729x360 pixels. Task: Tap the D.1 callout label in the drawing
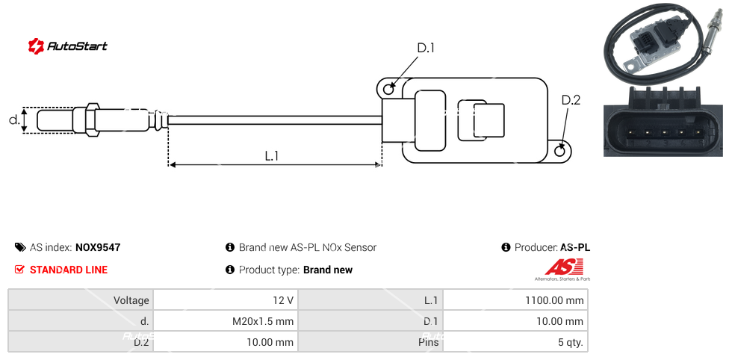pyautogui.click(x=425, y=49)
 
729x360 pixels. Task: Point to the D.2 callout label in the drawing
pyautogui.click(x=571, y=100)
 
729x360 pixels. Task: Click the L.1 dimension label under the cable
pyautogui.click(x=272, y=155)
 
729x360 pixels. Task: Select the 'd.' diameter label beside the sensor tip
pyautogui.click(x=13, y=120)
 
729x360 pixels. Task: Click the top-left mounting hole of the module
pyautogui.click(x=388, y=90)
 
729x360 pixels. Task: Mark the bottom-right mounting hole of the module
pyautogui.click(x=561, y=152)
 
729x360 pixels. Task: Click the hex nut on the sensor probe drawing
pyautogui.click(x=93, y=120)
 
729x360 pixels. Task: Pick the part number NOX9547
pyautogui.click(x=98, y=247)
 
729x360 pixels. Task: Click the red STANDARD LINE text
pyautogui.click(x=69, y=270)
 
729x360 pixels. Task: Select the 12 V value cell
pyautogui.click(x=225, y=300)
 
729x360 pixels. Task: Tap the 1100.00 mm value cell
pyautogui.click(x=515, y=300)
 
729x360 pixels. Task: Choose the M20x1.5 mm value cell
pyautogui.click(x=225, y=322)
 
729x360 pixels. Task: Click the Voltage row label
pyautogui.click(x=81, y=300)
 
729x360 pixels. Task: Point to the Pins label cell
pyautogui.click(x=370, y=343)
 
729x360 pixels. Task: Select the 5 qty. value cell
pyautogui.click(x=515, y=343)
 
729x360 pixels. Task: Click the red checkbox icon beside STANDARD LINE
pyautogui.click(x=20, y=270)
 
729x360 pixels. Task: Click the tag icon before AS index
pyautogui.click(x=20, y=247)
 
